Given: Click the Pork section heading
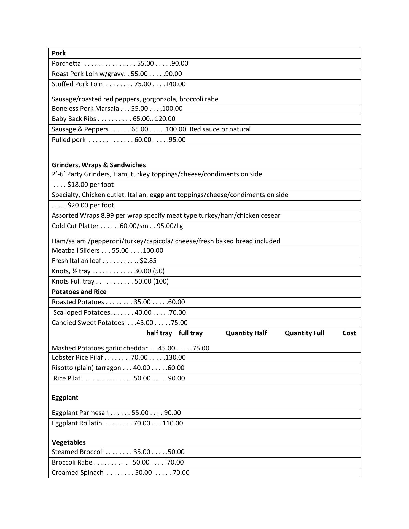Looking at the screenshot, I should click(x=59, y=53).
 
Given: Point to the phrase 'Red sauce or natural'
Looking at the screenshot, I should click(x=220, y=129).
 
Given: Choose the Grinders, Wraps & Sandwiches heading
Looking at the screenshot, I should click(x=99, y=165).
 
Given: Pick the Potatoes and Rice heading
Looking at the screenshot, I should click(x=79, y=292).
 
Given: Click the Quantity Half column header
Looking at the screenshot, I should click(x=246, y=333).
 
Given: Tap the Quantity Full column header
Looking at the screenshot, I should click(x=305, y=333).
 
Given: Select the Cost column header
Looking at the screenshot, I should click(x=349, y=333).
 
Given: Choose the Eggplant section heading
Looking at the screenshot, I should click(x=65, y=398).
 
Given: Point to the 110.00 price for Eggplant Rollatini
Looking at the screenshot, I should click(x=173, y=423).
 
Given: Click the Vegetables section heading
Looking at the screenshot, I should click(x=69, y=442).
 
